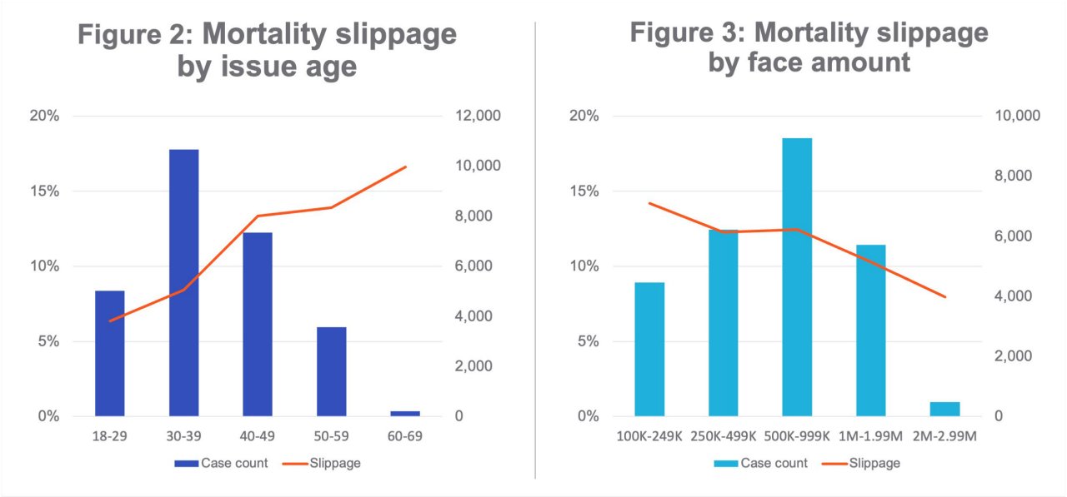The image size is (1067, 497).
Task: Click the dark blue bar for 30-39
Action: click(183, 283)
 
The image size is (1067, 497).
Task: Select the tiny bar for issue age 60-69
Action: click(405, 413)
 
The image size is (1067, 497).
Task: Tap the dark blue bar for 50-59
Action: click(331, 371)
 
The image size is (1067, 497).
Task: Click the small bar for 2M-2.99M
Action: click(944, 409)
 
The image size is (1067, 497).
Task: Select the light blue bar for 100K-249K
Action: click(649, 349)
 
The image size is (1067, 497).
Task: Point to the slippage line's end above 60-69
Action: click(405, 166)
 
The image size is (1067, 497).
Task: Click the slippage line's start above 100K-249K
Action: click(649, 203)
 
